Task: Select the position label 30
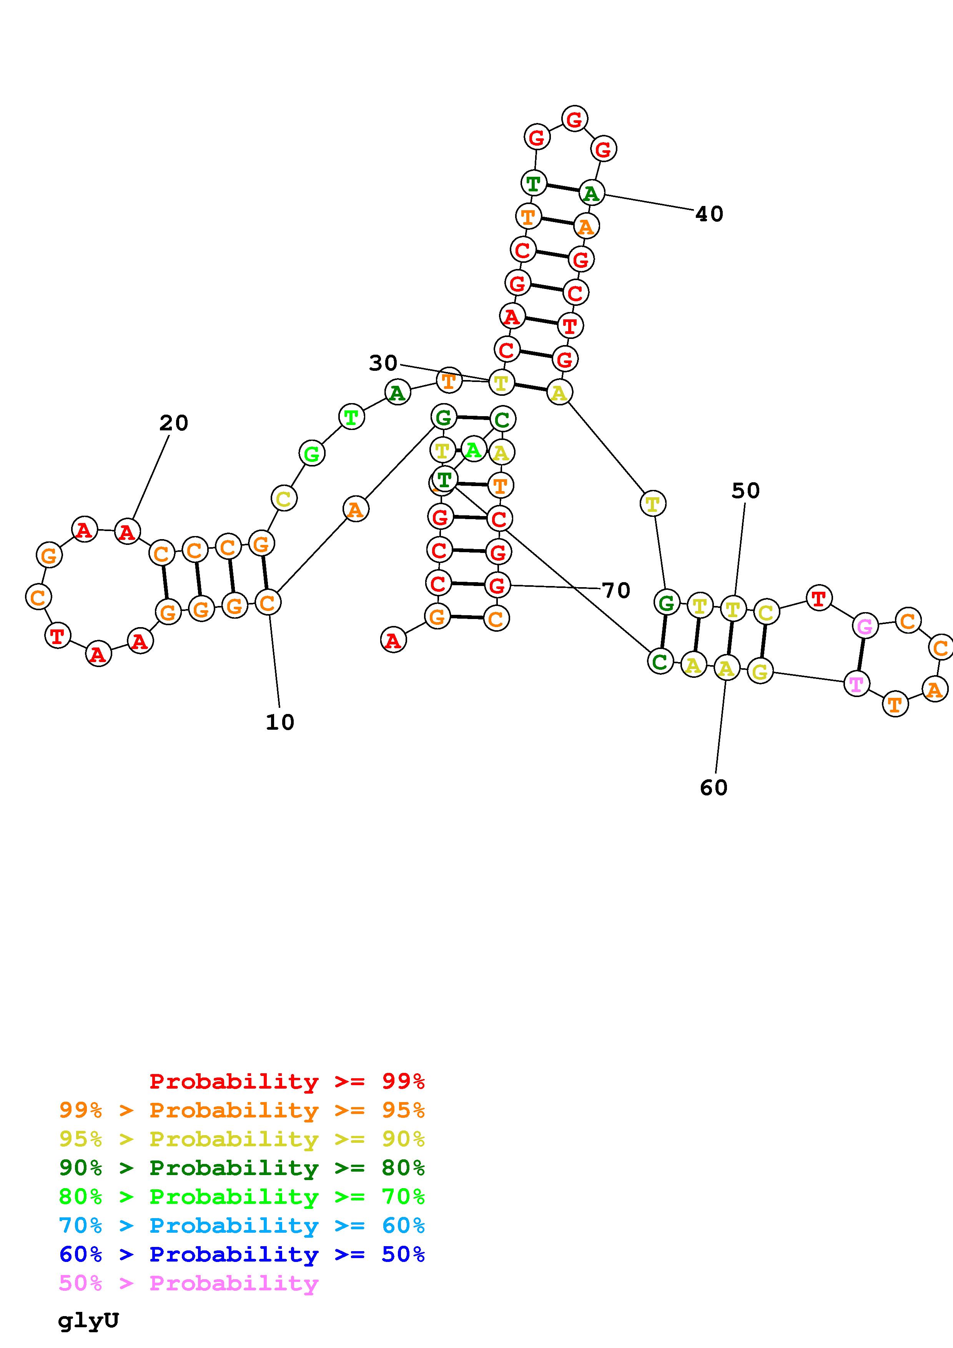[383, 364]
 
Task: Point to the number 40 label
[709, 214]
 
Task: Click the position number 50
[746, 490]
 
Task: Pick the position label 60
[714, 788]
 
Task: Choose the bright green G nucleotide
[312, 453]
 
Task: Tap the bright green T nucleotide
[351, 417]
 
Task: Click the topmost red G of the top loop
[574, 119]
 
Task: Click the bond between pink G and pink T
[861, 655]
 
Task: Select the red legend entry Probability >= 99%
[287, 1081]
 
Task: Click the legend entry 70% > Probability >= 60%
[242, 1225]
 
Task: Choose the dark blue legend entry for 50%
[242, 1254]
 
